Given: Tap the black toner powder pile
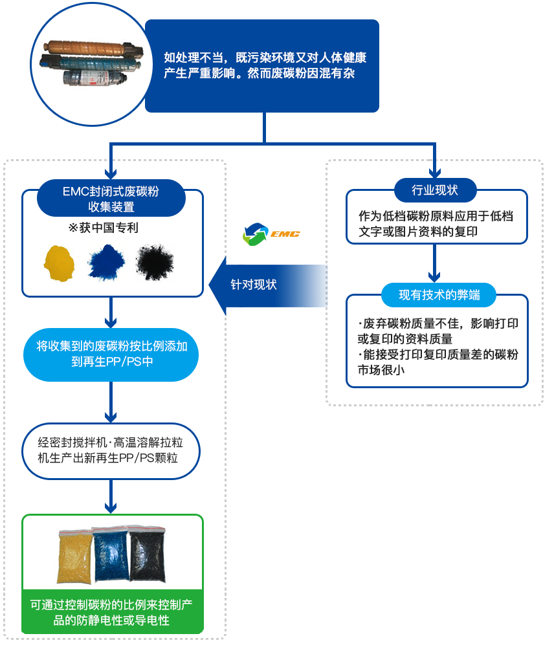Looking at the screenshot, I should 155,261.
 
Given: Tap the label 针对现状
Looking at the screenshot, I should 254,284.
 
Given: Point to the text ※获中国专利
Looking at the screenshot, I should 103,228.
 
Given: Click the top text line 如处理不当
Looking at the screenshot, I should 265,58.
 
